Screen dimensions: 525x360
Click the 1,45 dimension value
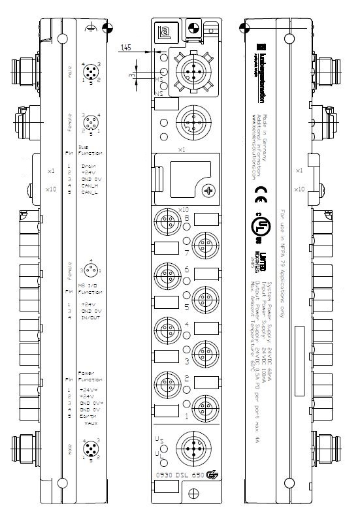126,48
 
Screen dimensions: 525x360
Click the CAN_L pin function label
90,194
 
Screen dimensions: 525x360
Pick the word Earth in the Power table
87,416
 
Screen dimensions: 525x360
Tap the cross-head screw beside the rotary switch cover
208,191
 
